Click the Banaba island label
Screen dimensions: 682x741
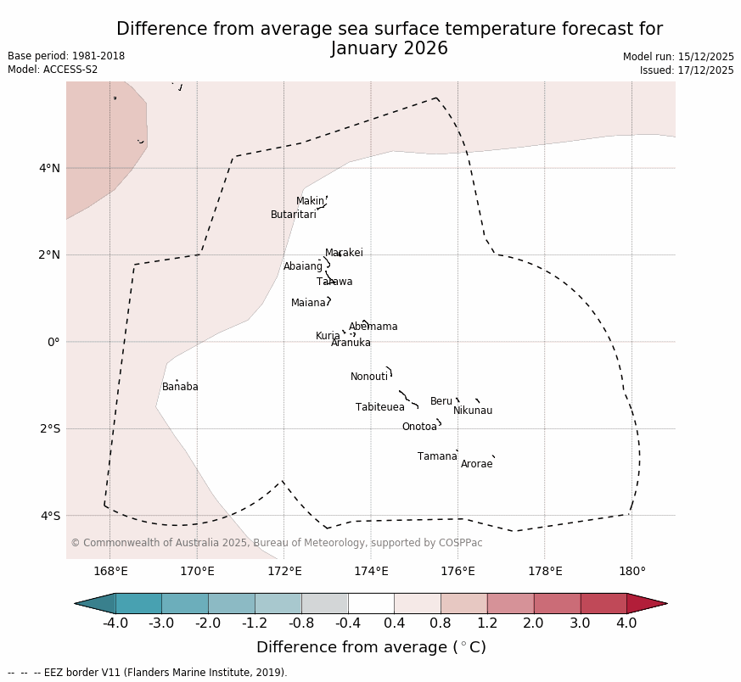click(180, 388)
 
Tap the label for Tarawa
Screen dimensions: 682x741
click(334, 282)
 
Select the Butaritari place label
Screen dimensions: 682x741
click(293, 215)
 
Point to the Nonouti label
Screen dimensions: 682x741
click(369, 377)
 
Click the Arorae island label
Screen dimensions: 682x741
click(476, 465)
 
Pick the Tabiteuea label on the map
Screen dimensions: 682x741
click(379, 408)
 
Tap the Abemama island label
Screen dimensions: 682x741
click(373, 327)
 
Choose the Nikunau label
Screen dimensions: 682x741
click(472, 411)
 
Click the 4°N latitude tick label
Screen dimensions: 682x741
click(49, 168)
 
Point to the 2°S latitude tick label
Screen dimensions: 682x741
click(49, 428)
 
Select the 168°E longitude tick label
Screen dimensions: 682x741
click(110, 572)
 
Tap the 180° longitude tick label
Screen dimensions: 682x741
click(632, 572)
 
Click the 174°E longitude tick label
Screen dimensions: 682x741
click(371, 572)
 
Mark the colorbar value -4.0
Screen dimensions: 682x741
click(115, 623)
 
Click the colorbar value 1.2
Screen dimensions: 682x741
click(487, 623)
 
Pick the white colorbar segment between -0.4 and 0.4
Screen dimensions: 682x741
click(371, 603)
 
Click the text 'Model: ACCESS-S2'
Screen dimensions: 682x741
click(53, 70)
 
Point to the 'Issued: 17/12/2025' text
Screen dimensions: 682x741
click(686, 70)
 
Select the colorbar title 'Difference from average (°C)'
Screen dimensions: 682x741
click(371, 648)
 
